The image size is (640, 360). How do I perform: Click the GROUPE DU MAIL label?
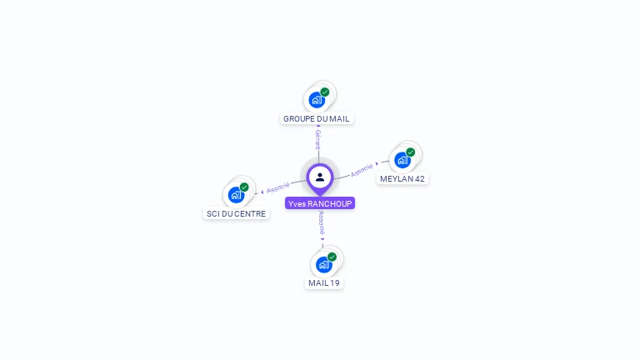tap(317, 118)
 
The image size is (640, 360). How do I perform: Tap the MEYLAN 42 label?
tap(402, 178)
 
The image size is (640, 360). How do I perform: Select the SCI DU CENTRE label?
tap(236, 213)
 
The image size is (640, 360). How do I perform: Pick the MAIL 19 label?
tap(324, 282)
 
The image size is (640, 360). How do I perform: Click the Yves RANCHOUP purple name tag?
tap(320, 203)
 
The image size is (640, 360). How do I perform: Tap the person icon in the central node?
tap(320, 177)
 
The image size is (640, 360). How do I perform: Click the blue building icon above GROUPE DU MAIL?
tap(316, 100)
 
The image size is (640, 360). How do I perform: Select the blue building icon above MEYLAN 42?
tap(402, 160)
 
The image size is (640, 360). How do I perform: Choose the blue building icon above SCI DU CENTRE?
tap(235, 195)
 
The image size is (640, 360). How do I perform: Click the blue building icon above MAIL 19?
tap(323, 265)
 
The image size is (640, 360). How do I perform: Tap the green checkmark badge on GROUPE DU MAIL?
tap(325, 92)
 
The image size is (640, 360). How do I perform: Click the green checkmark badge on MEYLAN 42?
tap(411, 152)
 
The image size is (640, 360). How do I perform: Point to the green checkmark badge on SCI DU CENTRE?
tap(244, 187)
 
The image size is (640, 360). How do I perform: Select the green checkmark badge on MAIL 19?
tap(332, 257)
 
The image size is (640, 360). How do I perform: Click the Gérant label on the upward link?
tap(318, 140)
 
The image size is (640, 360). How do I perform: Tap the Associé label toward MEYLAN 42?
tap(362, 169)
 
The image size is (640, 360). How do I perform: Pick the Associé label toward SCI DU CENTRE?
tap(277, 187)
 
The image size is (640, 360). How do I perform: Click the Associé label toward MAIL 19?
tap(322, 223)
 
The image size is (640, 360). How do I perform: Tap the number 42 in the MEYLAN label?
tap(420, 178)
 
